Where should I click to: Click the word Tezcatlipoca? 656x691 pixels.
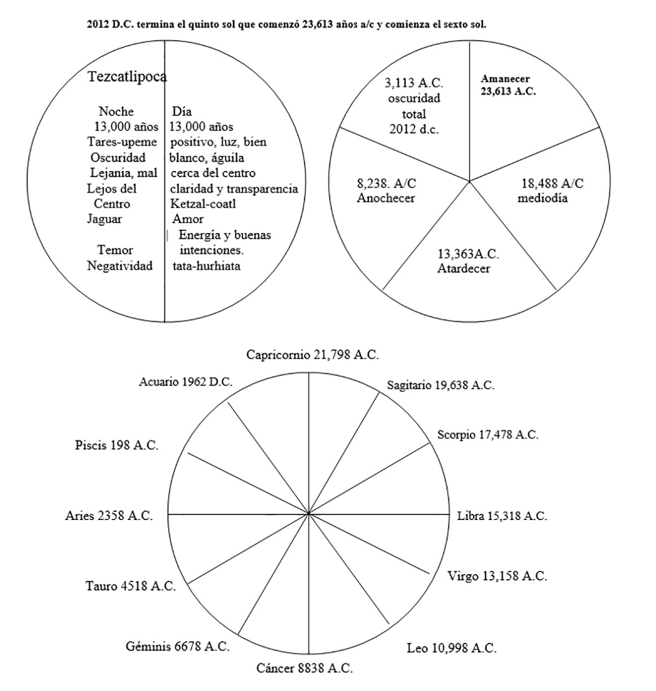127,77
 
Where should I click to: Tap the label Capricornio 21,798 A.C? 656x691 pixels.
312,355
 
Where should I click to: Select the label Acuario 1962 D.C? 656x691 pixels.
186,382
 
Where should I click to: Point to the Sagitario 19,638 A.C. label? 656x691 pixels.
441,385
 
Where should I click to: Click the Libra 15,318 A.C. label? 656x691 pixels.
501,515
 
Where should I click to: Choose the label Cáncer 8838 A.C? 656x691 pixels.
305,668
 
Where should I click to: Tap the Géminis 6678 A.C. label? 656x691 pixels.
178,646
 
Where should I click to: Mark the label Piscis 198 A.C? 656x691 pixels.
117,445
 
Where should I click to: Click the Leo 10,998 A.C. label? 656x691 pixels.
451,648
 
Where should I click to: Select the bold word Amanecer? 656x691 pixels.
505,79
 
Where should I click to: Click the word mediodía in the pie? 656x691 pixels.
543,198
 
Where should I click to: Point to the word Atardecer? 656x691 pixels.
463,269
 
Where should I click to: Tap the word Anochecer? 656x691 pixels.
386,198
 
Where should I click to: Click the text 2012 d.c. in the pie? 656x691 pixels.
413,129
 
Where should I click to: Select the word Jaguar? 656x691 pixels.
104,219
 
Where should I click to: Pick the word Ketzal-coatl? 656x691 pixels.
203,204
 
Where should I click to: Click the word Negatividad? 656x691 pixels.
120,266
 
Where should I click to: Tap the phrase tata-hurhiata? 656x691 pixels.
206,266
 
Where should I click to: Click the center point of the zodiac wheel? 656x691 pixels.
309,514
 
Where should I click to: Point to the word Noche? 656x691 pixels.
116,112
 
